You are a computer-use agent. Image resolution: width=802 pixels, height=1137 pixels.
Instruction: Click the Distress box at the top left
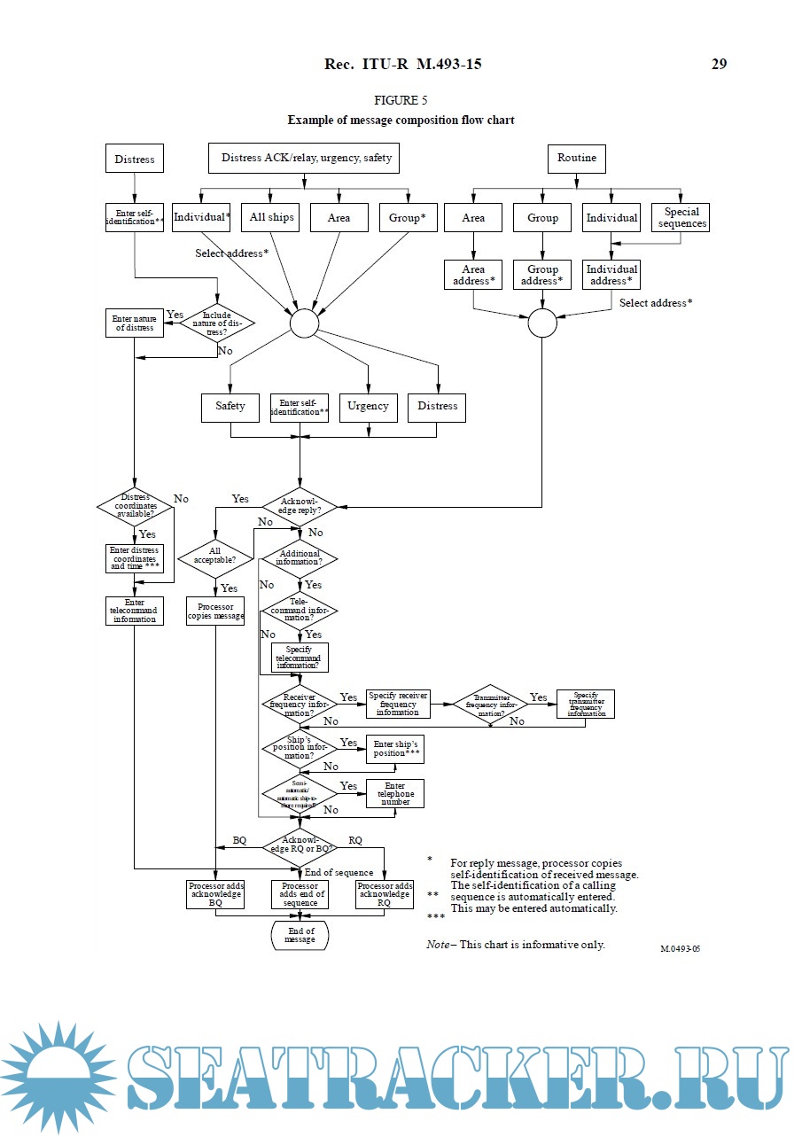[135, 160]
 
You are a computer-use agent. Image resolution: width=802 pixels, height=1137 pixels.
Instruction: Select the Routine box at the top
[577, 159]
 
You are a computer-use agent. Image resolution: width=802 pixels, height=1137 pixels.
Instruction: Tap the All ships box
[271, 218]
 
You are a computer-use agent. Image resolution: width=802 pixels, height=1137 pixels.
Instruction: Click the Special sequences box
[681, 218]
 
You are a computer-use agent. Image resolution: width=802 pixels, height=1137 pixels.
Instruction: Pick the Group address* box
[542, 275]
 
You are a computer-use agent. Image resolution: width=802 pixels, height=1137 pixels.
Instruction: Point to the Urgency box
[368, 407]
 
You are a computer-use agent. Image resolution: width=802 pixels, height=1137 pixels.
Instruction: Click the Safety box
[230, 407]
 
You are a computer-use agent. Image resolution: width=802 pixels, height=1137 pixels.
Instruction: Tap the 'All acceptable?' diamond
[215, 557]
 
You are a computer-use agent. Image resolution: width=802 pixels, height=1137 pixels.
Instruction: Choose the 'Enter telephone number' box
[395, 794]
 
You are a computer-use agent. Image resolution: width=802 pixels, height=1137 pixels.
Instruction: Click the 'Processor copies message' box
[215, 611]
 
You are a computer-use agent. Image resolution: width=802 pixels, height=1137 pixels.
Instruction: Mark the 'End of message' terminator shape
[300, 935]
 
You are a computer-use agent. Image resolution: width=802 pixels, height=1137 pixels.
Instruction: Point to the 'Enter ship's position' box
[395, 749]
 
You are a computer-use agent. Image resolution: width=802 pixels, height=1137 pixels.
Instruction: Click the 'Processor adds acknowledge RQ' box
[385, 894]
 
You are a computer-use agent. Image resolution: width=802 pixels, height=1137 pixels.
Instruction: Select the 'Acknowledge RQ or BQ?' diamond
[300, 844]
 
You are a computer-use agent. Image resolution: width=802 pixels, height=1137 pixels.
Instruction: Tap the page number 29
[719, 64]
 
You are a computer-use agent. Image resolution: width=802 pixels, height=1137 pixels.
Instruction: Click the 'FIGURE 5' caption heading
[401, 100]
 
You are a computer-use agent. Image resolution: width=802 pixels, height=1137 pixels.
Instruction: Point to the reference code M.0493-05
[686, 948]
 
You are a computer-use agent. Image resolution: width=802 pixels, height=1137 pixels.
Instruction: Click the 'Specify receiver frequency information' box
[398, 704]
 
